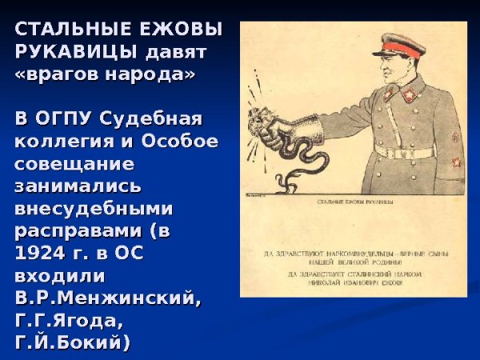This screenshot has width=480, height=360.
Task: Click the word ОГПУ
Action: (67, 119)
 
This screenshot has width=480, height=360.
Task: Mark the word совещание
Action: (74, 164)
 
